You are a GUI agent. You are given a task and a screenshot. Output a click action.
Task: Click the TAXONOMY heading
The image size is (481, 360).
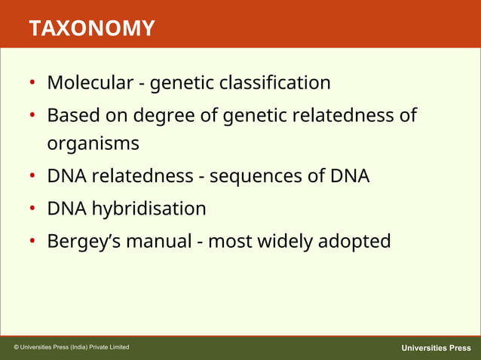click(x=92, y=29)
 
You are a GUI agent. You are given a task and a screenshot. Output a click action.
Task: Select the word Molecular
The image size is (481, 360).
click(x=90, y=82)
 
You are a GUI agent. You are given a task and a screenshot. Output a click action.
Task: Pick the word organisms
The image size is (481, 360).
click(x=93, y=143)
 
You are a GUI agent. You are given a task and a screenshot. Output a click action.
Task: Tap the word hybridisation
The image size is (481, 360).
click(x=149, y=208)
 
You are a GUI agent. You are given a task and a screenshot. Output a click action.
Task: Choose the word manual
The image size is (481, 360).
click(x=159, y=242)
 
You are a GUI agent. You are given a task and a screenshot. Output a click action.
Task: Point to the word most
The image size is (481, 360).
click(x=230, y=242)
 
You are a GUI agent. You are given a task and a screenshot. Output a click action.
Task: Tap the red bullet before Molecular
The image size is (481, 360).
click(x=33, y=83)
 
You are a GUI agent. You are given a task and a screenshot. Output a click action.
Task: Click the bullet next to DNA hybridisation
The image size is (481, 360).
click(x=33, y=209)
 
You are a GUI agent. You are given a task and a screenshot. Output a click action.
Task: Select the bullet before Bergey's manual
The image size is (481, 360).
click(x=33, y=243)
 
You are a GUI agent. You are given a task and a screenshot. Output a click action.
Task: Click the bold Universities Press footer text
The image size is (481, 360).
click(x=436, y=348)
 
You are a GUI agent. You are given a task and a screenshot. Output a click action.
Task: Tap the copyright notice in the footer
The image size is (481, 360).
click(x=72, y=347)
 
